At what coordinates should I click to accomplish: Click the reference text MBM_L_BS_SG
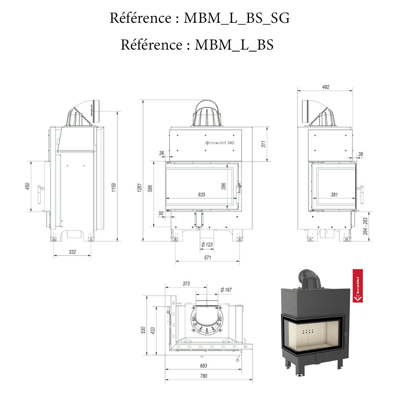coord(200,18)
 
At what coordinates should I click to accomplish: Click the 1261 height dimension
coord(140,188)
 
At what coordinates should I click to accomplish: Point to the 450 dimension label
coord(27,187)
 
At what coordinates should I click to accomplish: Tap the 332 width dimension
coord(72,252)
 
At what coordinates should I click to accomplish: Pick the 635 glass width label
coord(201,195)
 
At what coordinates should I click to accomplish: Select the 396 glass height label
coord(224,186)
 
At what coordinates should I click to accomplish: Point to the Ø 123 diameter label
coord(207,244)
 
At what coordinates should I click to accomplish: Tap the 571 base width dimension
coord(208,258)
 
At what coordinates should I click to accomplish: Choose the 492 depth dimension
coord(325,87)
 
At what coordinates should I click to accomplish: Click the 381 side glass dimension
coord(334,195)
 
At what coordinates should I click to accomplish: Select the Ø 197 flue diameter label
coord(226,290)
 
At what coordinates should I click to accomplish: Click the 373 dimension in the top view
coord(186,283)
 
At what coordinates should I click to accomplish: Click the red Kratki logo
coord(358,286)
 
